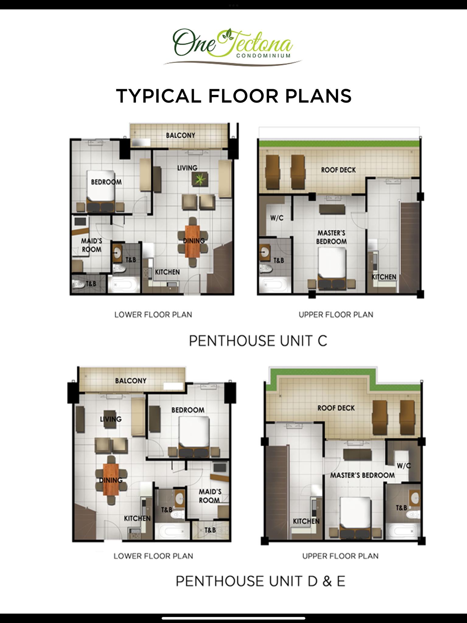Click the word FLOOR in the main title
click(x=243, y=96)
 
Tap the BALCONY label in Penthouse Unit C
click(x=180, y=135)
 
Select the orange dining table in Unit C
click(x=192, y=241)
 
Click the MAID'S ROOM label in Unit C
click(x=92, y=245)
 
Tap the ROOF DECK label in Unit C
click(x=338, y=170)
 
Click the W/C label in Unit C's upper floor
click(x=277, y=218)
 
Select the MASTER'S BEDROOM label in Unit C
click(x=331, y=237)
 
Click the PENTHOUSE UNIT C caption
click(x=258, y=341)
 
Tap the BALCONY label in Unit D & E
click(x=131, y=381)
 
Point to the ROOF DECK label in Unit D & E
click(x=336, y=408)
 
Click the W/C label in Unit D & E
click(x=404, y=466)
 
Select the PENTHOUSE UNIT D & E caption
click(x=260, y=581)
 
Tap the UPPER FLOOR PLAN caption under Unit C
click(x=336, y=315)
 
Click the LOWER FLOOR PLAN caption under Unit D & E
click(x=153, y=556)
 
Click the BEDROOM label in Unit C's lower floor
click(x=106, y=182)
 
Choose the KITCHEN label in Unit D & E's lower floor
click(x=137, y=518)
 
